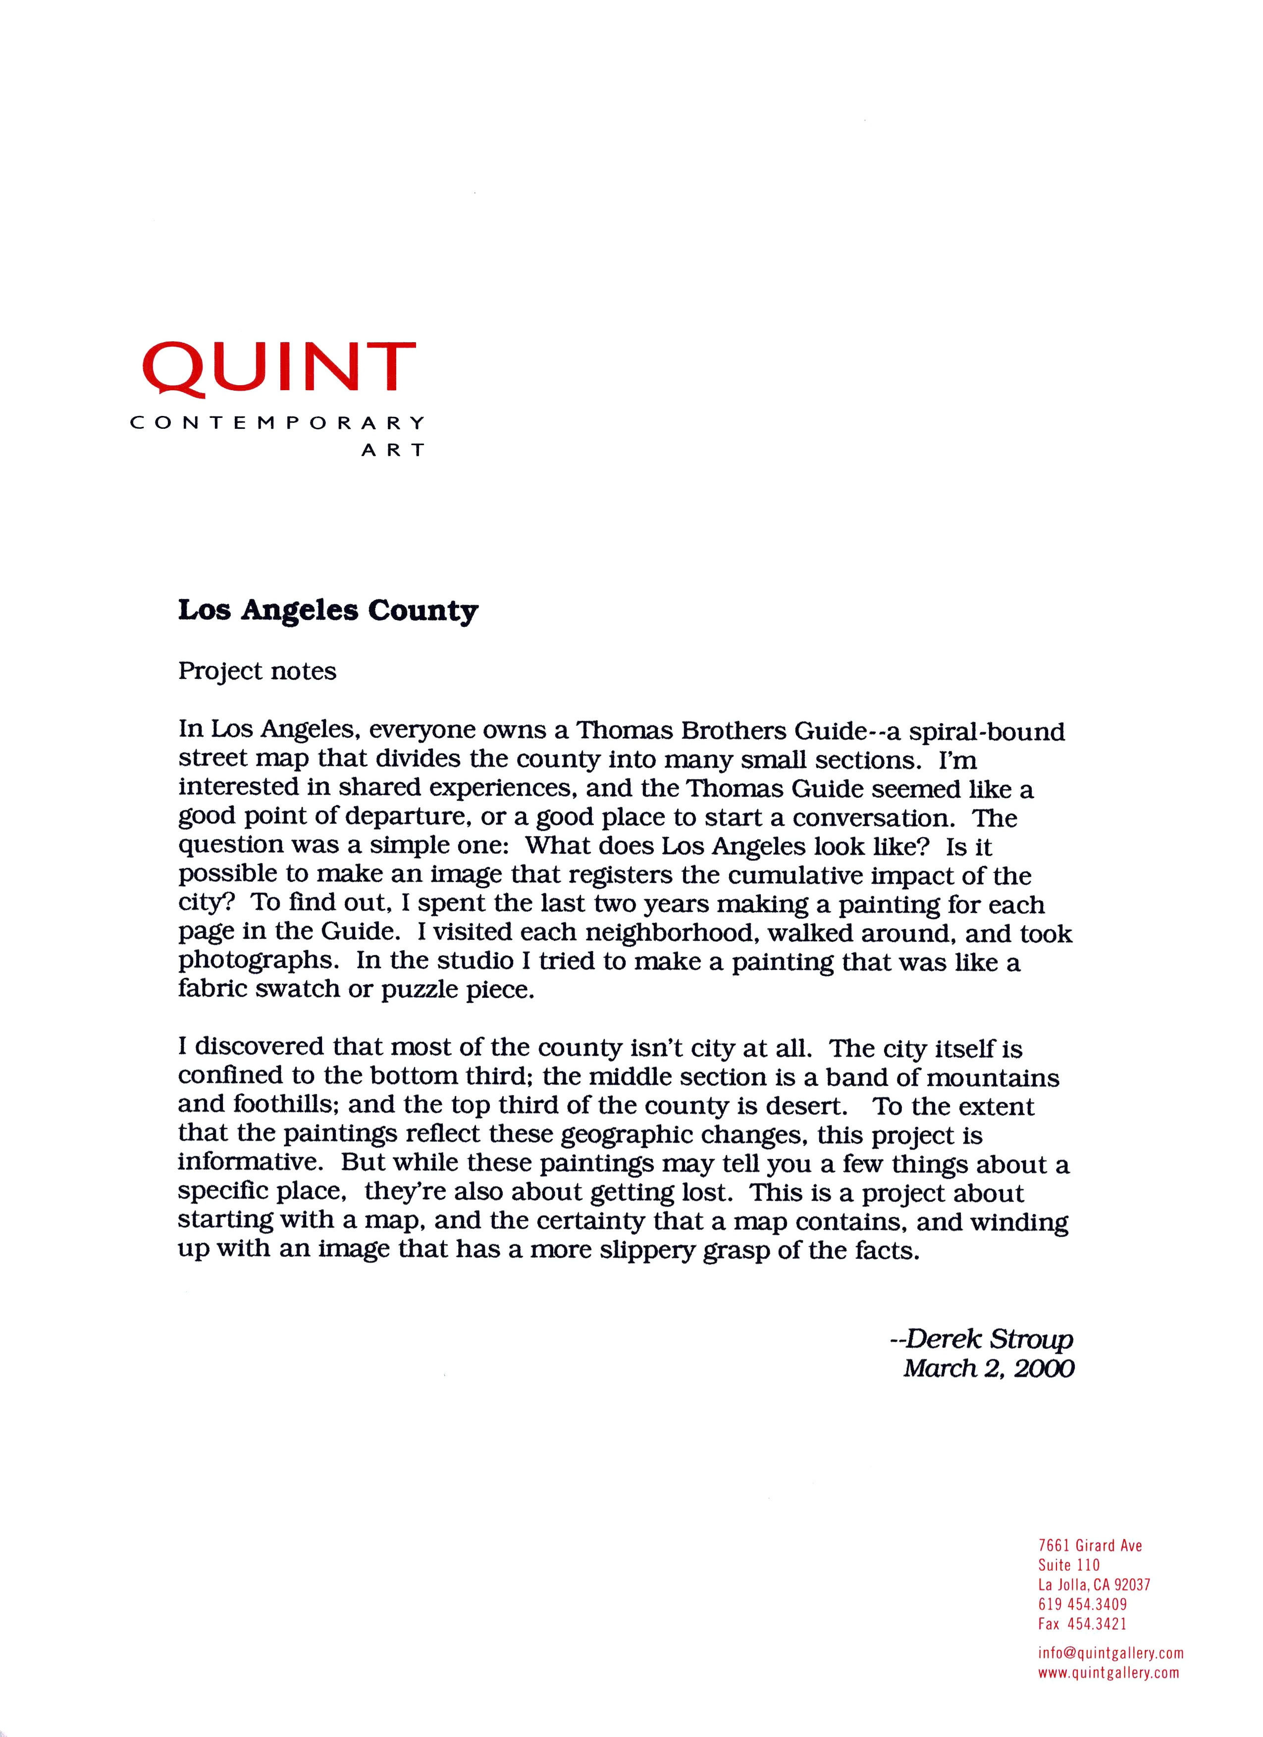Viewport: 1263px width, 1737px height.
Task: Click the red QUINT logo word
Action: pos(279,369)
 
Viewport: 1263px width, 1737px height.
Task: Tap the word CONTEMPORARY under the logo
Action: pos(277,423)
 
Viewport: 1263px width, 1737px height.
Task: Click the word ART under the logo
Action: pos(393,450)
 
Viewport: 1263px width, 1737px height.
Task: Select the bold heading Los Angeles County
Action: pos(328,611)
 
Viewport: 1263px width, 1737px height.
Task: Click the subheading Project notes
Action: pos(258,671)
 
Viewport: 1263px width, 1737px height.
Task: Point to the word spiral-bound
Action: pos(987,732)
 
